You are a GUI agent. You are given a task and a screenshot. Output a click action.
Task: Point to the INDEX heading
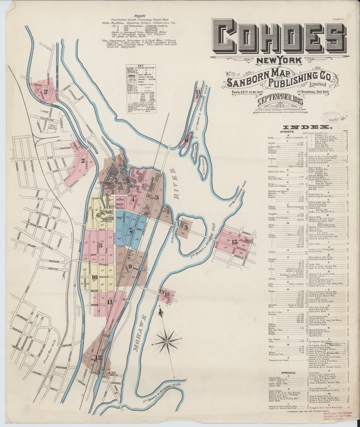(307, 127)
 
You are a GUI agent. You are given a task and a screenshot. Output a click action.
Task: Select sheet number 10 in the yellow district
(94, 278)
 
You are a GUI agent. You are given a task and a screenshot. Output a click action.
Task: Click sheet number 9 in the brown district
(130, 266)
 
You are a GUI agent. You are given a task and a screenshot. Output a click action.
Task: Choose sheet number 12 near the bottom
(98, 357)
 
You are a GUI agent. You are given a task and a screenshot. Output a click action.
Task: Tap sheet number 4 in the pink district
(132, 200)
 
